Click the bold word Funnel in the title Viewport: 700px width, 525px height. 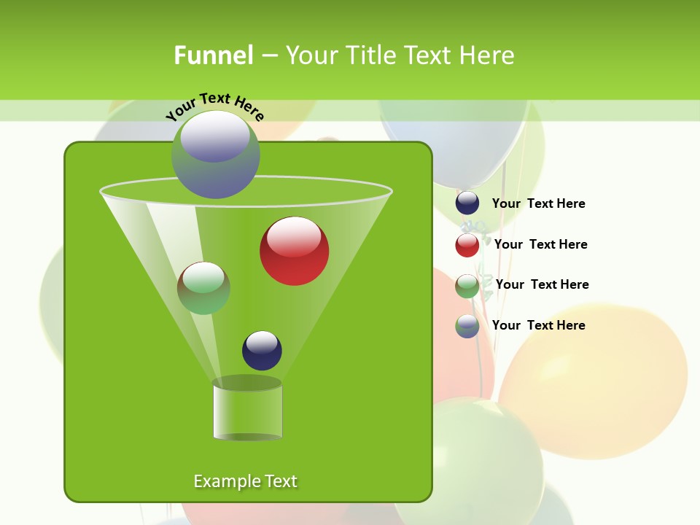tap(214, 55)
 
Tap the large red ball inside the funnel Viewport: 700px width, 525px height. tap(295, 252)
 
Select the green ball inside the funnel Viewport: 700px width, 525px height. tap(204, 289)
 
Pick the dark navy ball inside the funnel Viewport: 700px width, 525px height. tap(262, 351)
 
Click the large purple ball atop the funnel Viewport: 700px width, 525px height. tap(216, 155)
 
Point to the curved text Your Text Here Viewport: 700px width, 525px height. tap(215, 106)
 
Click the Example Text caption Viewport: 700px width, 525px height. tap(245, 481)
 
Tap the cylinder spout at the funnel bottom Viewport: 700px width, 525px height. tap(247, 412)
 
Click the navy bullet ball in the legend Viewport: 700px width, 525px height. tap(467, 203)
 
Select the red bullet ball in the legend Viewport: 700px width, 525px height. tap(467, 245)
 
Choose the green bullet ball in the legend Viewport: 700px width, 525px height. tap(467, 286)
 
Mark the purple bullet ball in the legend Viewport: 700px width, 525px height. tap(467, 326)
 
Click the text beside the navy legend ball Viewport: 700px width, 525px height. tap(538, 204)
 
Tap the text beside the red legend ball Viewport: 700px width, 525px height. tap(540, 245)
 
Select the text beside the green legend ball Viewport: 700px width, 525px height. tap(542, 285)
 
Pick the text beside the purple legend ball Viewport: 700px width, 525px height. tap(538, 326)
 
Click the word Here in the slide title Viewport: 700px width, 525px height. tap(488, 55)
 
